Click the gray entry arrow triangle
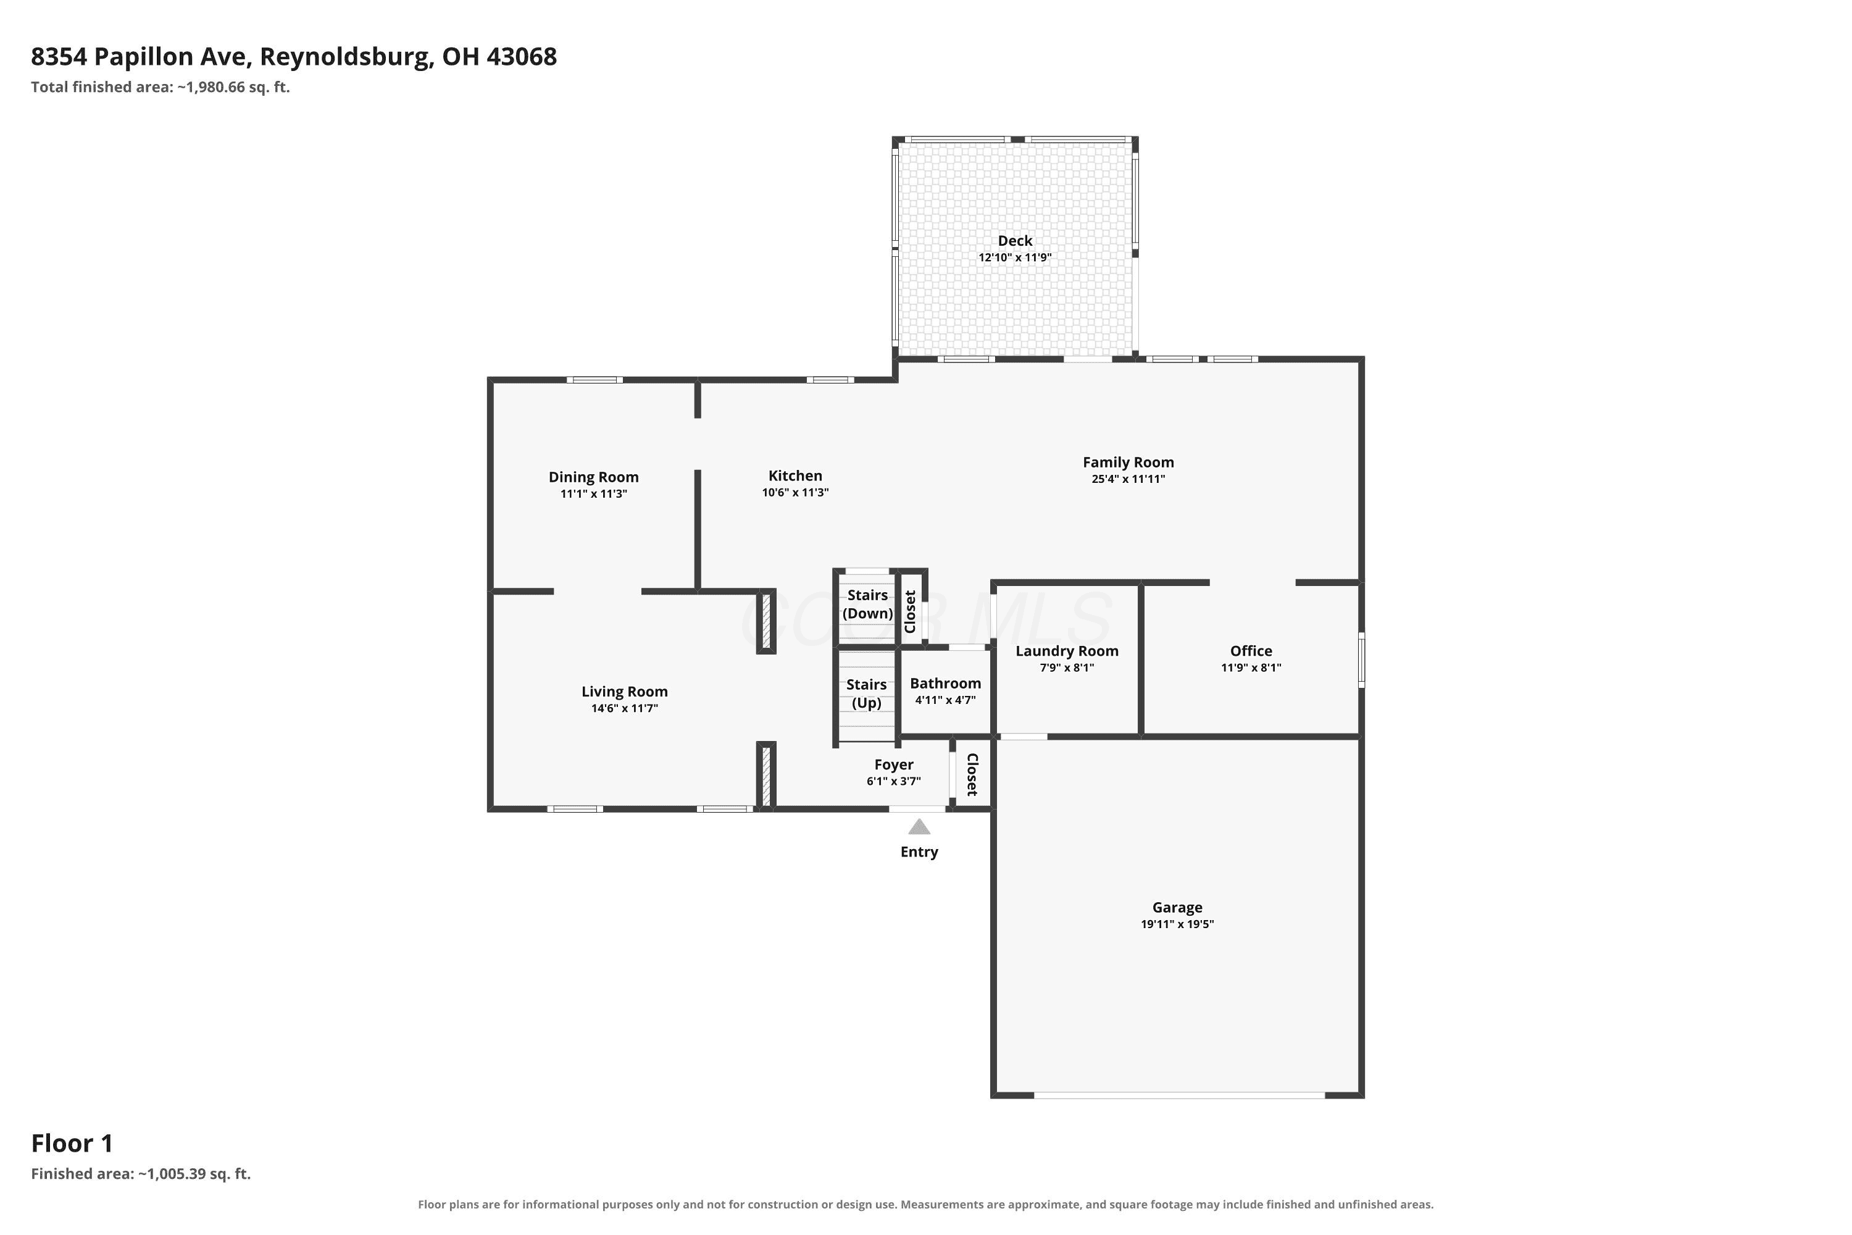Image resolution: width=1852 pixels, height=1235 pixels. pyautogui.click(x=919, y=827)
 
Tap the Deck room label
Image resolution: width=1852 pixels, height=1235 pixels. pyautogui.click(x=1015, y=241)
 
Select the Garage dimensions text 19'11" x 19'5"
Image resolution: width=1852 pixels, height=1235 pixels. pyautogui.click(x=1177, y=924)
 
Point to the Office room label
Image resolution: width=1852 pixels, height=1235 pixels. pyautogui.click(x=1251, y=651)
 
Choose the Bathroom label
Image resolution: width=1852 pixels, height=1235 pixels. pyautogui.click(x=946, y=684)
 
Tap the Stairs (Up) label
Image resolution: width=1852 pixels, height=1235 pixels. pyautogui.click(x=866, y=694)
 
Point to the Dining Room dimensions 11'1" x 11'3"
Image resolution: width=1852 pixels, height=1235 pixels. pyautogui.click(x=594, y=495)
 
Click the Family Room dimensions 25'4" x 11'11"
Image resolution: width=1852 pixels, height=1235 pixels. pyautogui.click(x=1128, y=480)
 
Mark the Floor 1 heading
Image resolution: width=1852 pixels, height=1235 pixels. pyautogui.click(x=72, y=1143)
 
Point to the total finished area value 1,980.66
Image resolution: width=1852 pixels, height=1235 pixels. pyautogui.click(x=215, y=88)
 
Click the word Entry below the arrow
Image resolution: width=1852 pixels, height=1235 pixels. pyautogui.click(x=919, y=852)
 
